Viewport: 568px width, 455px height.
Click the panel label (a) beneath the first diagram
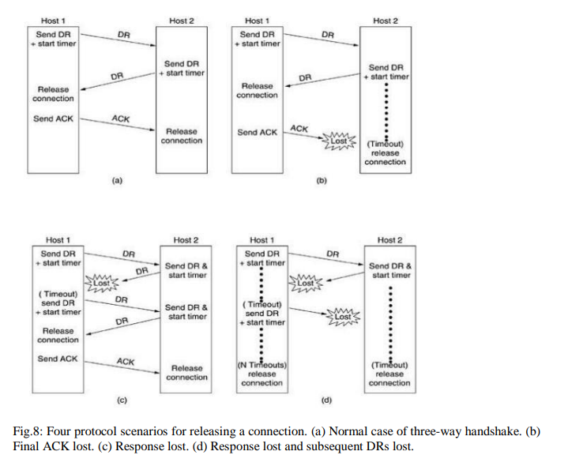(115, 181)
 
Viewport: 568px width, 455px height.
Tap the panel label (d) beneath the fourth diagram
(325, 400)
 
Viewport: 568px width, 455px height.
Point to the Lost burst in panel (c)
(102, 282)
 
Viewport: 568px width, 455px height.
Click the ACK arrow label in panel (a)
(120, 118)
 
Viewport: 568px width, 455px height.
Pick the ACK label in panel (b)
(299, 128)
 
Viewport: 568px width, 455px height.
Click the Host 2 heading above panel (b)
(384, 21)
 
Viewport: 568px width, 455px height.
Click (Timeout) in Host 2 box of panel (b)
(385, 144)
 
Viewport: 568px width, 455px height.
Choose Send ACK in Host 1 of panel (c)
(57, 359)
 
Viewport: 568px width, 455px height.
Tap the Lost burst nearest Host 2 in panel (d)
(343, 316)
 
